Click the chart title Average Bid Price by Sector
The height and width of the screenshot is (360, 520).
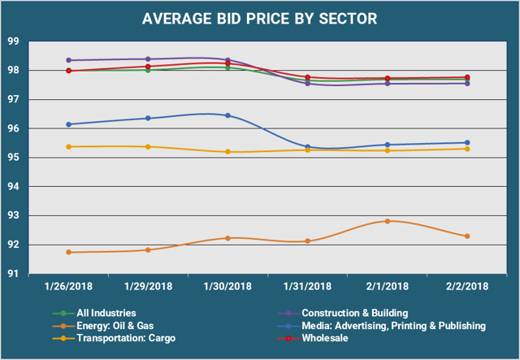pos(260,18)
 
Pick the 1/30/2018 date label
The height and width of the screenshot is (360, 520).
pos(227,286)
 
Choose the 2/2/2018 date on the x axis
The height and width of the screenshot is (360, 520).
pos(466,286)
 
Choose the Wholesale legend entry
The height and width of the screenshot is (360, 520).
pos(325,337)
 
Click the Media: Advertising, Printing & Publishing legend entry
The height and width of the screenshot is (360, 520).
pos(392,325)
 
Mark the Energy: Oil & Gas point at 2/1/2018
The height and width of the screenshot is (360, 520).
pos(388,221)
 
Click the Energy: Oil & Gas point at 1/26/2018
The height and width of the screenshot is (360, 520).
pos(69,252)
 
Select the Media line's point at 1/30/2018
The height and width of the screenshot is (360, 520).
pos(227,115)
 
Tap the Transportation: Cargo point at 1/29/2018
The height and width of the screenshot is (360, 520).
pos(148,146)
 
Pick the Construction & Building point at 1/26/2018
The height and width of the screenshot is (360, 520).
pos(69,60)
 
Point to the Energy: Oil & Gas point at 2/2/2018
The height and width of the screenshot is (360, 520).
pos(467,236)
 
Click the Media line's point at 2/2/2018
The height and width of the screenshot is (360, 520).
pos(467,143)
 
